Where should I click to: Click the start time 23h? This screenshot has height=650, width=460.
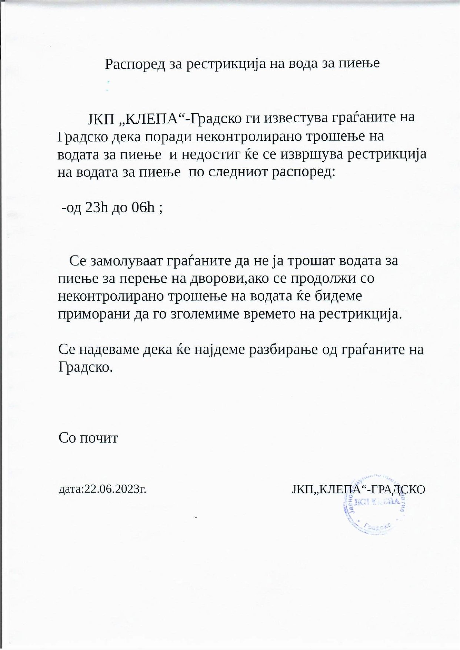97,207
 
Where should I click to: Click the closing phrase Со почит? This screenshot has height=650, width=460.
88,438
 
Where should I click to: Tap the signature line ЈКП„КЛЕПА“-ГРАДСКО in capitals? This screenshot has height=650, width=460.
358,489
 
